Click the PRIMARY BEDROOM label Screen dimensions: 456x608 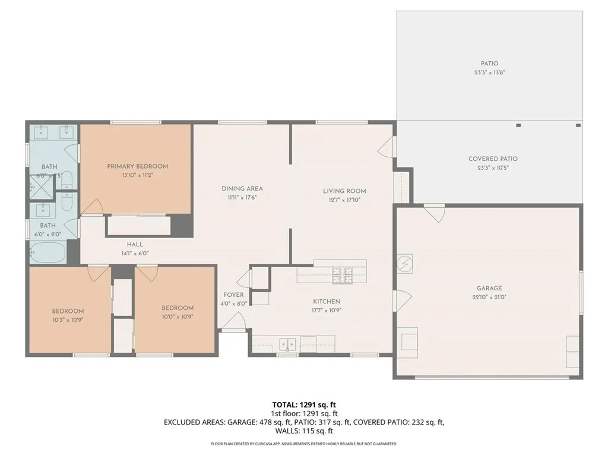tap(137, 166)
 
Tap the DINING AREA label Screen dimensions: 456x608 tap(242, 189)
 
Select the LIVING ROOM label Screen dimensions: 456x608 tap(344, 191)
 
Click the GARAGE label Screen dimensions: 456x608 tap(489, 288)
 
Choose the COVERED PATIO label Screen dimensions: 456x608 tap(493, 159)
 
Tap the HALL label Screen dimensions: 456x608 tap(135, 244)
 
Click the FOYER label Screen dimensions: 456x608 tap(233, 295)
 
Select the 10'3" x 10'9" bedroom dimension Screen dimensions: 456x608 tap(67, 319)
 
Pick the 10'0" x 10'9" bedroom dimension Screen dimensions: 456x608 tap(178, 316)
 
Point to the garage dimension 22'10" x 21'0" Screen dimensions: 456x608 tap(489, 297)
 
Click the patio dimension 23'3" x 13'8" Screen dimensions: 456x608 tap(489, 72)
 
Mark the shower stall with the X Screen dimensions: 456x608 tap(37, 188)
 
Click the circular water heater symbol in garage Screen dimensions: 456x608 tap(405, 262)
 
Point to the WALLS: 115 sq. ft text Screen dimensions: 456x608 tap(304, 431)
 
